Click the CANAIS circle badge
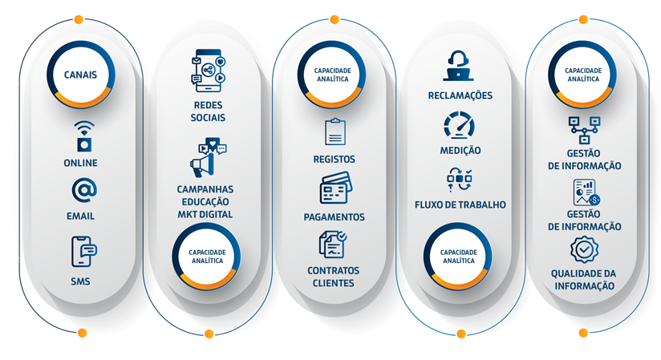tap(80, 75)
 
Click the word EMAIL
tap(80, 216)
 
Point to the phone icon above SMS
tap(83, 251)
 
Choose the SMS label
tap(80, 281)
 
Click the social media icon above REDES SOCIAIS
tap(208, 69)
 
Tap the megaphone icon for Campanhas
tap(207, 158)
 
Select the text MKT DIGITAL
tap(207, 214)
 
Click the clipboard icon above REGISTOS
tap(335, 131)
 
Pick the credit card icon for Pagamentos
tap(335, 189)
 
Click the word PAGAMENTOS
tap(334, 217)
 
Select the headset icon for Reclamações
tap(459, 67)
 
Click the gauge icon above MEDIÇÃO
tap(460, 126)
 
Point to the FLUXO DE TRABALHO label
tap(460, 204)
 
